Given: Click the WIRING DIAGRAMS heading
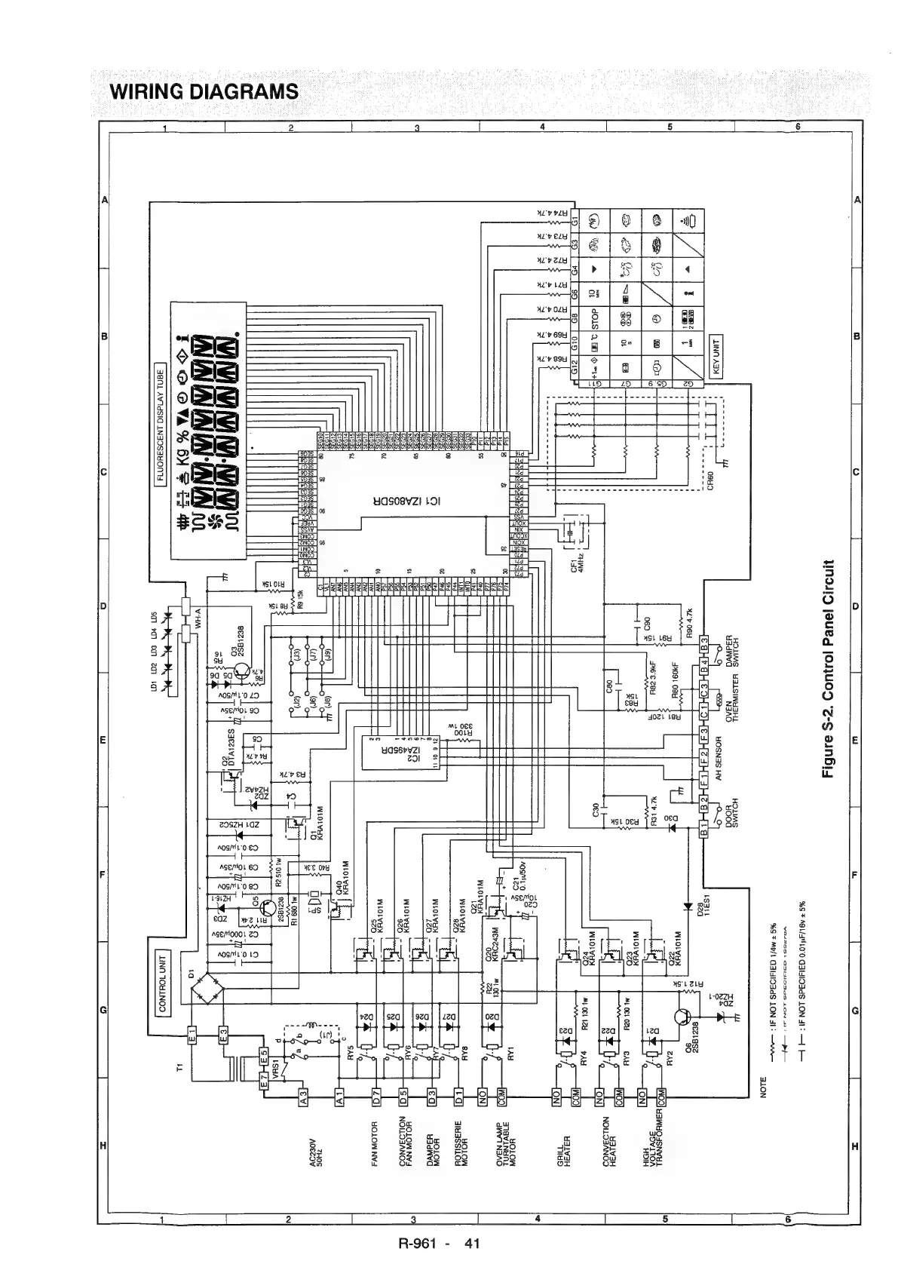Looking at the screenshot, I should click(x=204, y=92).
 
